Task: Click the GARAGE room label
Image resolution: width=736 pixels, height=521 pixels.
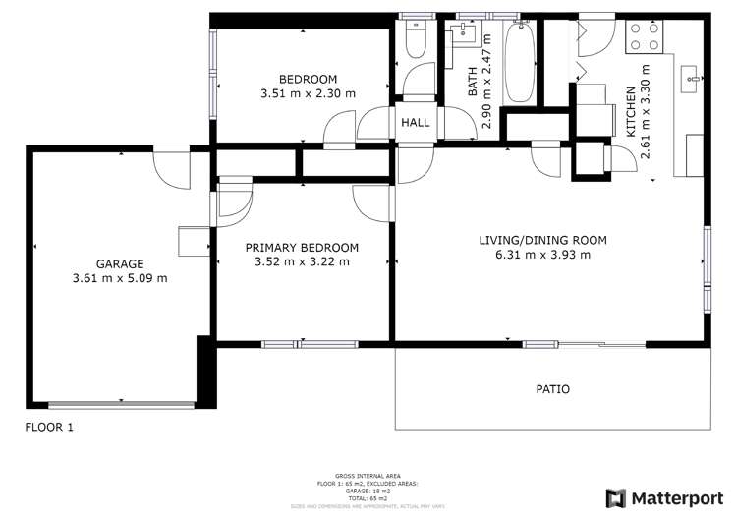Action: point(120,263)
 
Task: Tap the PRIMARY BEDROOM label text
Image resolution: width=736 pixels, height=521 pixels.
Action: point(302,248)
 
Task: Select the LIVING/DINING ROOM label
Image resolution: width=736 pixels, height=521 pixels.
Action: point(542,240)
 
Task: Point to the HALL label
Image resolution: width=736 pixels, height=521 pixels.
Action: point(414,124)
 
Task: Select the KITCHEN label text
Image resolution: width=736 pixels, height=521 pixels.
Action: point(631,113)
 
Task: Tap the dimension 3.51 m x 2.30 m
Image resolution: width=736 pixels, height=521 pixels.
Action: point(308,94)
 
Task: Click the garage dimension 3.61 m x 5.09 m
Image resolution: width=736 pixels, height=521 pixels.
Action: point(120,278)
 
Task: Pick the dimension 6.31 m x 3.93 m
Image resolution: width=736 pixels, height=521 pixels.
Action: point(542,255)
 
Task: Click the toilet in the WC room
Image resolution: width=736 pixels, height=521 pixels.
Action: point(415,39)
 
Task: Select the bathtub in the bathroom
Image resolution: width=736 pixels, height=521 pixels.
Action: point(520,64)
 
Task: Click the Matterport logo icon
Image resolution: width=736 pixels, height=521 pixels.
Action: point(616,498)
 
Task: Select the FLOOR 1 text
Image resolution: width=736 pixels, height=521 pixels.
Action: point(49,428)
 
